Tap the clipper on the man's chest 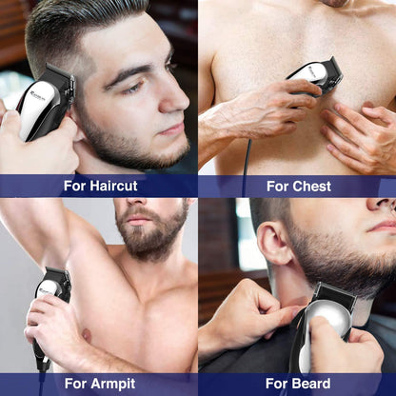tap(315, 76)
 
